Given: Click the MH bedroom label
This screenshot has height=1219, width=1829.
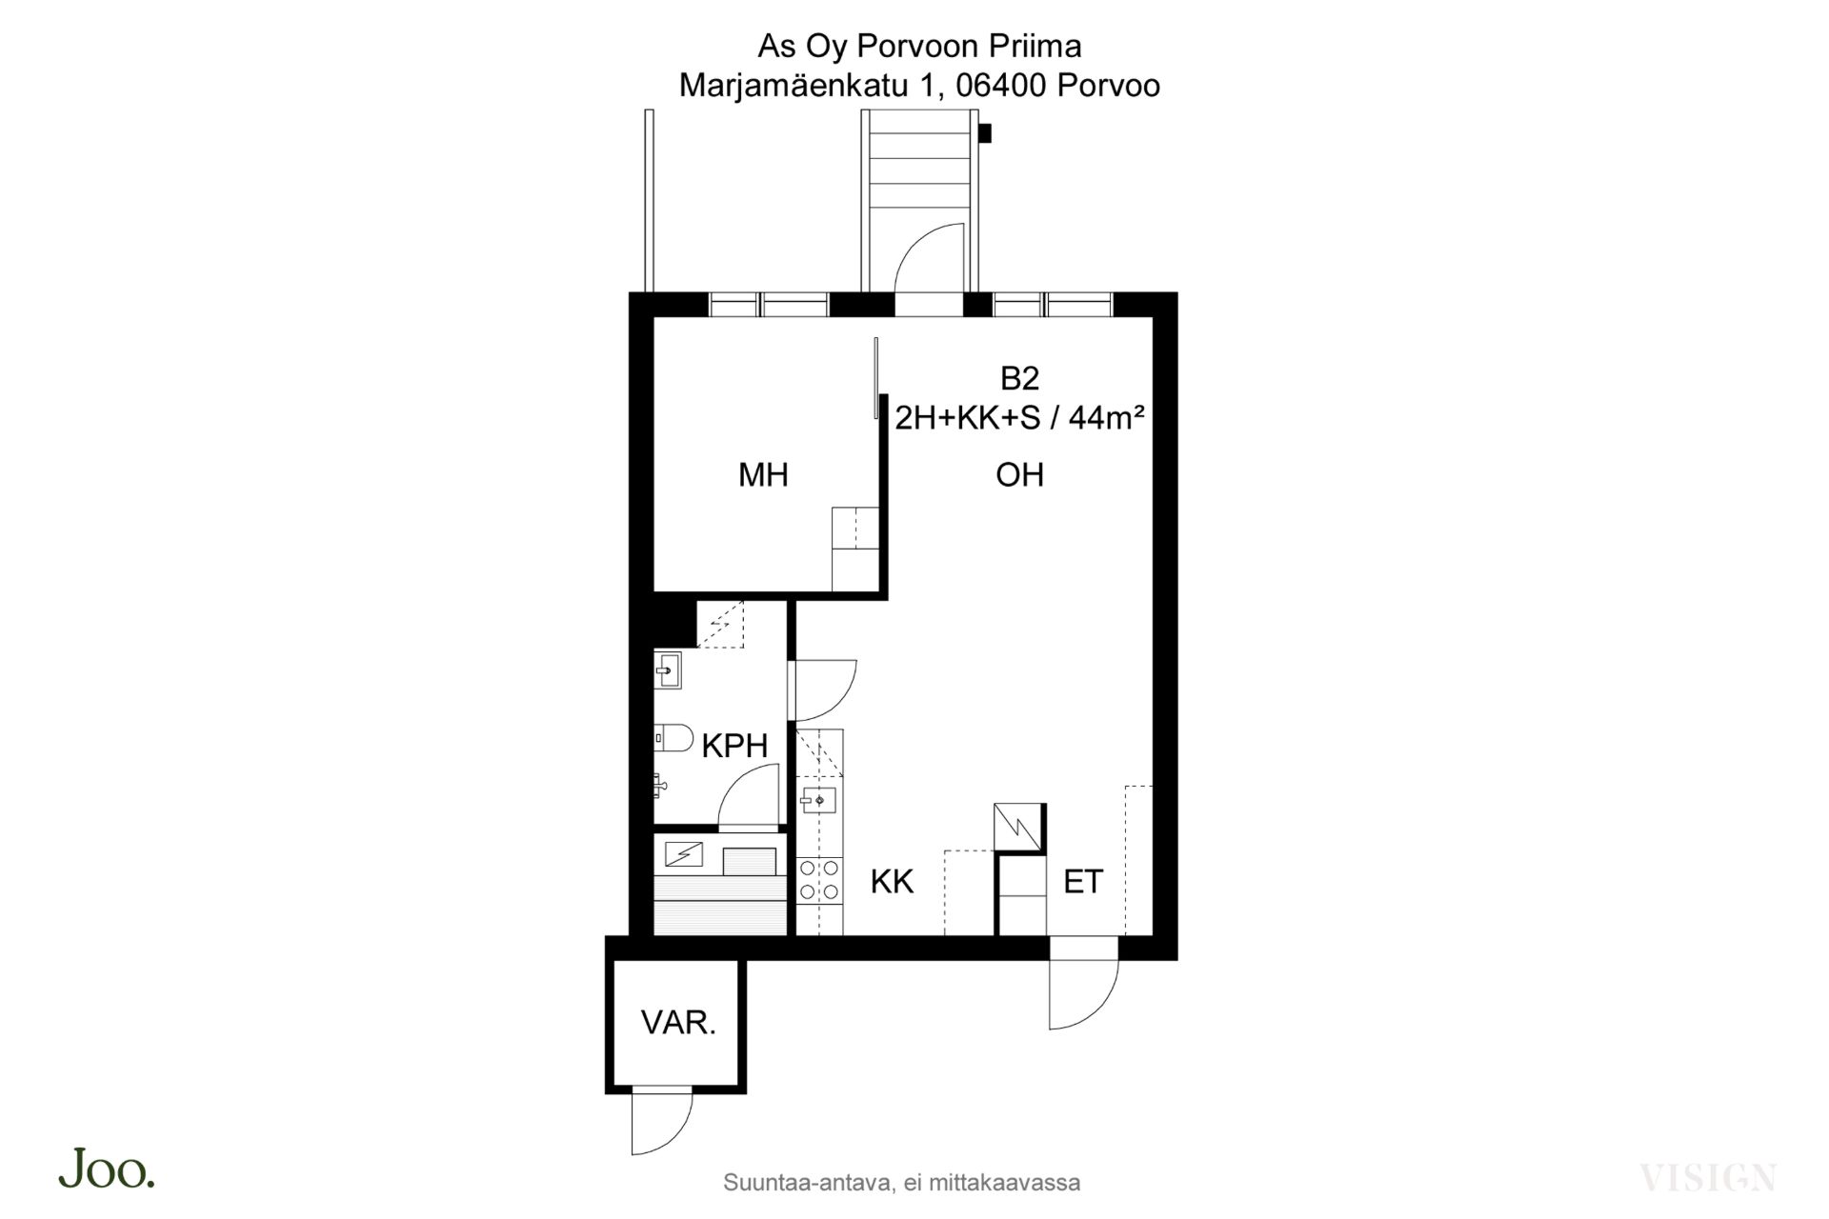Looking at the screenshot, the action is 763,474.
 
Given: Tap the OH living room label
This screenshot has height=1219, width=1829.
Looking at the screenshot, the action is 1019,474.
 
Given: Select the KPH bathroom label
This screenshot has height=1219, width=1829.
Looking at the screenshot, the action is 734,746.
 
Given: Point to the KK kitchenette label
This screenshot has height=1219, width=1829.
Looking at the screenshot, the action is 892,882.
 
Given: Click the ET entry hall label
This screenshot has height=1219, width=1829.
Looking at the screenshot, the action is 1083,882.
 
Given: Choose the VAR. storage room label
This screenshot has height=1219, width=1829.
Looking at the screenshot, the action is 678,1023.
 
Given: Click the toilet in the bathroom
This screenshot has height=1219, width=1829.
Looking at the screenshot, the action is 673,738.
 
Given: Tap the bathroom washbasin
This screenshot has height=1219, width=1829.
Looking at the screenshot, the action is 668,670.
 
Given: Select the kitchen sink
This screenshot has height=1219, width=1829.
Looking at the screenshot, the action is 818,800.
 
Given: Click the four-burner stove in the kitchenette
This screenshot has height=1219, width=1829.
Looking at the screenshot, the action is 819,879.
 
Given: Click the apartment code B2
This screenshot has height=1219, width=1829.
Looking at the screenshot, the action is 1019,378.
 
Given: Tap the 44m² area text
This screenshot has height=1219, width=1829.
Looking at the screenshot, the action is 1106,417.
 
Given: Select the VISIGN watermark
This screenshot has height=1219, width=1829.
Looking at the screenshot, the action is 1708,1178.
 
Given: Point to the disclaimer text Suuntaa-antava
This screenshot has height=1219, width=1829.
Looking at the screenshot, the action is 808,1183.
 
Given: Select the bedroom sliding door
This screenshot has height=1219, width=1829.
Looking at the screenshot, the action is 875,378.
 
